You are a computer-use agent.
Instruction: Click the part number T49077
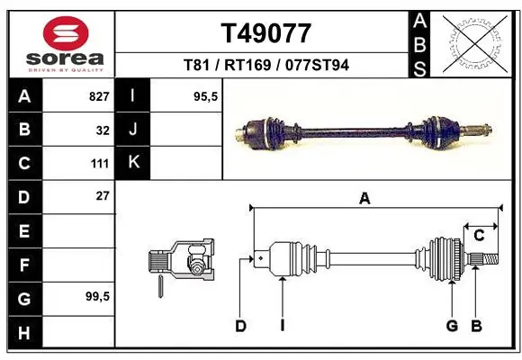point(266,33)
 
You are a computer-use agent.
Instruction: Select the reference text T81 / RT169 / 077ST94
point(266,65)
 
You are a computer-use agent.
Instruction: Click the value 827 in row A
point(99,95)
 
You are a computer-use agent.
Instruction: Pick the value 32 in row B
point(103,130)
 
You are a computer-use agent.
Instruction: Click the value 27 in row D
point(103,195)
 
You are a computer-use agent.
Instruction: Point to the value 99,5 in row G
point(97,296)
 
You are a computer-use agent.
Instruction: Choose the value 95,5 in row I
point(207,95)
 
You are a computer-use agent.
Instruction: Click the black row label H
point(23,333)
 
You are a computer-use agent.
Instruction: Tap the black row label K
point(133,163)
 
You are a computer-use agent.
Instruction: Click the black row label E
point(23,231)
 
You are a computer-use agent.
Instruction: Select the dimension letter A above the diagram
point(364,200)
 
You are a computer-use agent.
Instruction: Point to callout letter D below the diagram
point(240,326)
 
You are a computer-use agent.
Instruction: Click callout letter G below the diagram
point(453,326)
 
